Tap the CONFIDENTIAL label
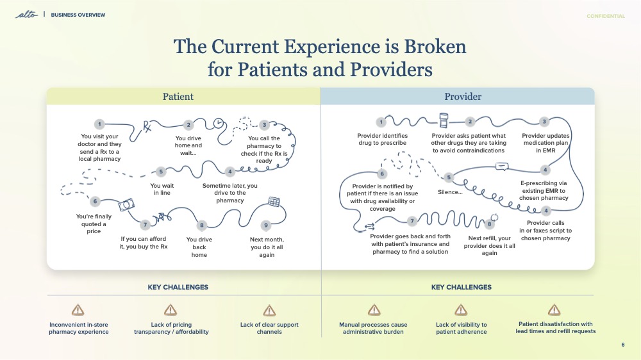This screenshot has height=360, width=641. click(x=605, y=16)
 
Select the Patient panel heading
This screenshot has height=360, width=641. click(x=178, y=97)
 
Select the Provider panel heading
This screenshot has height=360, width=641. click(x=463, y=97)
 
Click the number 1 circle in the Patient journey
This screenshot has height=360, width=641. click(x=99, y=124)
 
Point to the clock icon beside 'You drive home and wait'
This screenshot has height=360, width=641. click(x=219, y=122)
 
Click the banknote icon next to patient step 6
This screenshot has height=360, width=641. click(x=126, y=204)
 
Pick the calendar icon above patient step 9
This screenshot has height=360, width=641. click(x=274, y=202)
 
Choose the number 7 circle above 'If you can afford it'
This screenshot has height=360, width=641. click(x=146, y=225)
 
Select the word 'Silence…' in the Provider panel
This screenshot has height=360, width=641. click(x=450, y=192)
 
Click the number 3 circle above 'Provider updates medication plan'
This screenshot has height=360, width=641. click(x=544, y=122)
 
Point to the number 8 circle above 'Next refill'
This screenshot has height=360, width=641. click(x=489, y=224)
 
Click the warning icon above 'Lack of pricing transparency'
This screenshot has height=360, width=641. click(x=171, y=310)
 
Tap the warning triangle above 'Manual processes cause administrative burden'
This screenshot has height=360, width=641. click(x=374, y=310)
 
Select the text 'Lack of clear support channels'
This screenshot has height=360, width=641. click(x=269, y=329)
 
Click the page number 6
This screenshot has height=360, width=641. click(x=622, y=345)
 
